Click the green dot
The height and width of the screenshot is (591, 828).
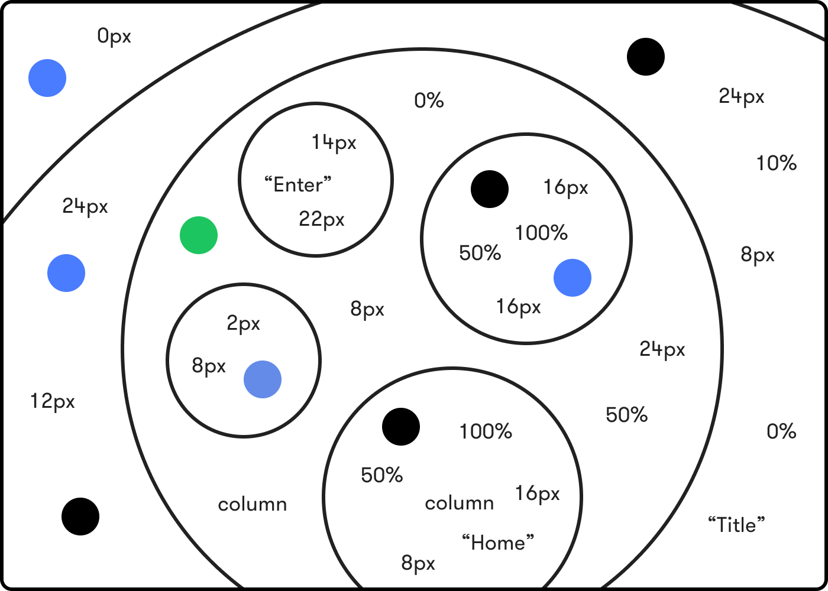pyautogui.click(x=199, y=235)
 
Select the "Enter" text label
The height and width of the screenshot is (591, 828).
pyautogui.click(x=297, y=184)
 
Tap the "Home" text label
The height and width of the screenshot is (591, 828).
pyautogui.click(x=497, y=543)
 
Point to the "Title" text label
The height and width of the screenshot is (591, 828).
pyautogui.click(x=736, y=524)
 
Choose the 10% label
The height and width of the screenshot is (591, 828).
pyautogui.click(x=777, y=163)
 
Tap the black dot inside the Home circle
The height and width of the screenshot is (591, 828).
pyautogui.click(x=401, y=427)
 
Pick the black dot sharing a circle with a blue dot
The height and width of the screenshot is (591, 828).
pyautogui.click(x=490, y=189)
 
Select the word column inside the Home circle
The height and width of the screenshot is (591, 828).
pyautogui.click(x=459, y=503)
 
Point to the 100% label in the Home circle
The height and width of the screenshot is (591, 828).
pyautogui.click(x=486, y=431)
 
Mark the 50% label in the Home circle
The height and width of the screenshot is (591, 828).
pyautogui.click(x=381, y=475)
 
